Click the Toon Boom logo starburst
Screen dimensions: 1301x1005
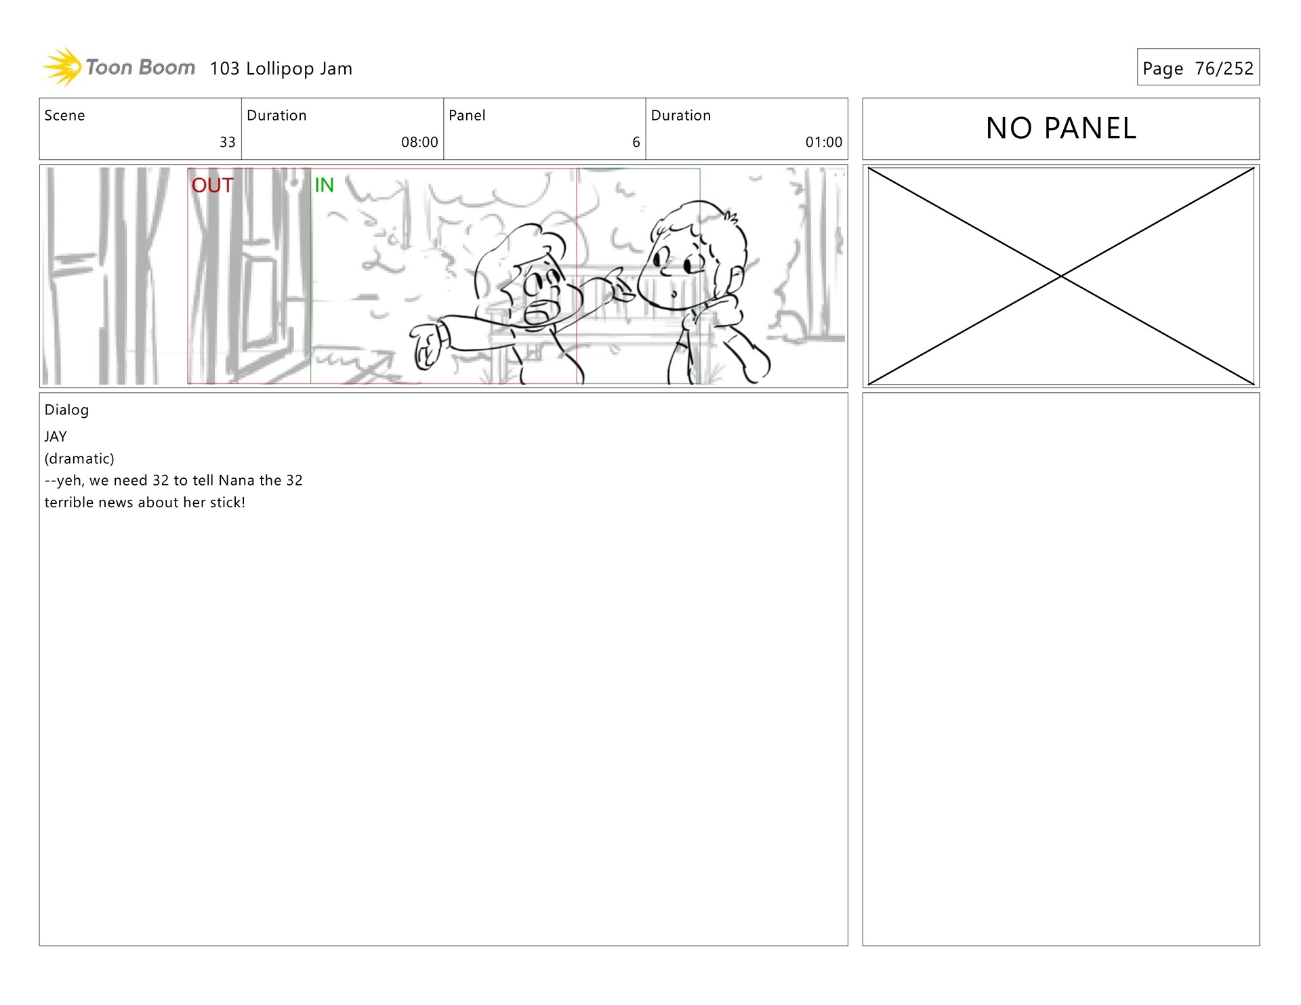click(62, 67)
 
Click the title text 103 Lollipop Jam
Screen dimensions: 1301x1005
click(281, 68)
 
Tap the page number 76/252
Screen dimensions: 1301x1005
click(1224, 68)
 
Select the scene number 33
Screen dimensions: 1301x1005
click(228, 142)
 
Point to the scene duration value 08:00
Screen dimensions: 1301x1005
click(419, 142)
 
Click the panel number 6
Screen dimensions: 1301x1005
click(636, 142)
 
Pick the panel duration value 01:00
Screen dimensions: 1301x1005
click(824, 142)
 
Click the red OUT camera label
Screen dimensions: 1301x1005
click(213, 185)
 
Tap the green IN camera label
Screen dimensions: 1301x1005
click(324, 185)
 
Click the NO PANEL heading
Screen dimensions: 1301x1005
click(1061, 128)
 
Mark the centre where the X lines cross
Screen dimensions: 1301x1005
click(1061, 276)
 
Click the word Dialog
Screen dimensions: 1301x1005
click(66, 410)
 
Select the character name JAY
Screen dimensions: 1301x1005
click(56, 437)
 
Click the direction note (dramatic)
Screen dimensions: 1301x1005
click(79, 458)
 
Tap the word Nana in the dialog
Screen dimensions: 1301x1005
click(236, 480)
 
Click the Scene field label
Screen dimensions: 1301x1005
click(65, 115)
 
